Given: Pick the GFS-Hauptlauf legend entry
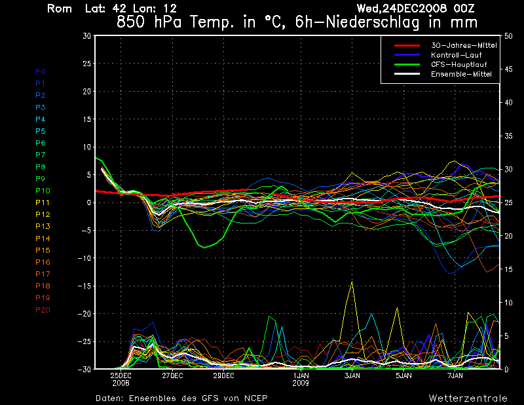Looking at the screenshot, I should [457, 64].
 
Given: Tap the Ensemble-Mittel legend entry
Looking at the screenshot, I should [460, 74].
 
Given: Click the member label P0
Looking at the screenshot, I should [40, 71].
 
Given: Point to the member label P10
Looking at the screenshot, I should [42, 191].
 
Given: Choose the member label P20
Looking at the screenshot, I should [43, 310].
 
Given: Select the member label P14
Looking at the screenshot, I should [43, 239].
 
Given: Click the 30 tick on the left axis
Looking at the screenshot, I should [86, 36].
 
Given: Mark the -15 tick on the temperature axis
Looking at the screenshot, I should [84, 286].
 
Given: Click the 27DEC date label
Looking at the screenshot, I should [172, 376].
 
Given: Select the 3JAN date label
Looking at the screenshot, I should [352, 376].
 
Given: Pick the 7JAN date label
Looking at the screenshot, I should [455, 376].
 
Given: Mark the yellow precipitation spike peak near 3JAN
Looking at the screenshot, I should [352, 282].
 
